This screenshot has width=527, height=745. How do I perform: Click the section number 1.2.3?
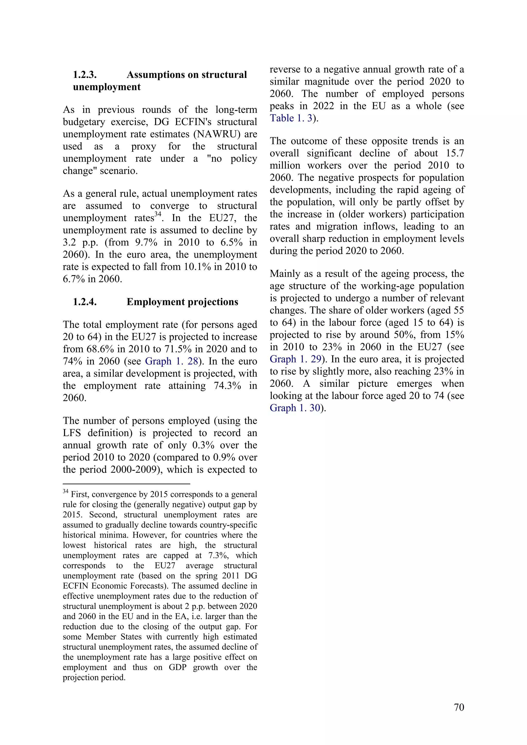coord(85,75)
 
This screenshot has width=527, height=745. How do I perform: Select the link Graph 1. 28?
coord(171,361)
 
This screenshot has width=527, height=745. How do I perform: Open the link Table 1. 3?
coord(291,118)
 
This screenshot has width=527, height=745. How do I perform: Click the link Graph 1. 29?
coord(295,359)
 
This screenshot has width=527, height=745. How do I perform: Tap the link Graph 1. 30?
coord(295,408)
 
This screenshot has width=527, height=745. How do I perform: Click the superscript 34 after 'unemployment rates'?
coord(157,214)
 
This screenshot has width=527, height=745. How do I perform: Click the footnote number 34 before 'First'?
coord(65,492)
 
